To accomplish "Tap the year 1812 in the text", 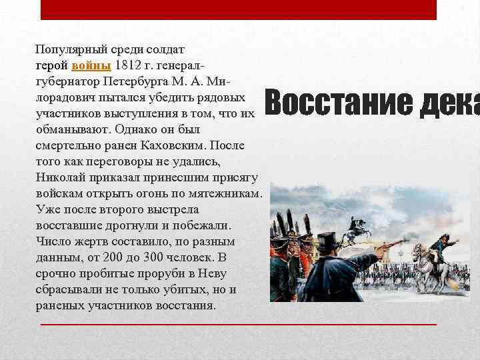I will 129,65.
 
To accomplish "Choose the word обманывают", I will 69,129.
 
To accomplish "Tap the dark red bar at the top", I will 239,9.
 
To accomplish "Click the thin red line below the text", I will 239,323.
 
